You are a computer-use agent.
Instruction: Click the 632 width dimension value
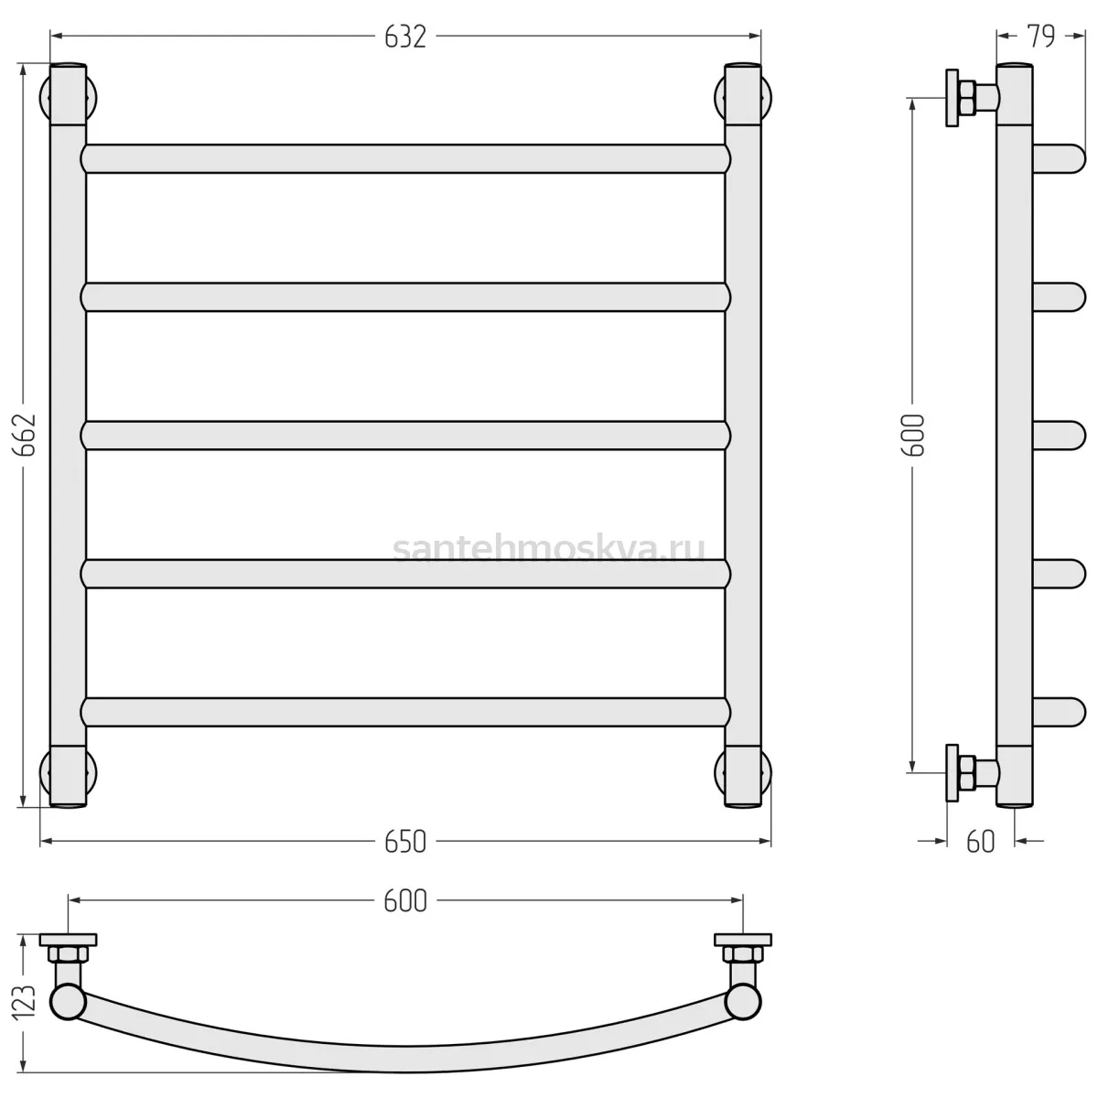pyautogui.click(x=405, y=38)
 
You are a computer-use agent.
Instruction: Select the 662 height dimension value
pyautogui.click(x=26, y=435)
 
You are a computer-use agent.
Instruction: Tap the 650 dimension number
pyautogui.click(x=405, y=842)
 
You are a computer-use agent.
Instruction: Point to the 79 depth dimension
pyautogui.click(x=1041, y=36)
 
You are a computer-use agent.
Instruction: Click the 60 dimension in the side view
pyautogui.click(x=981, y=842)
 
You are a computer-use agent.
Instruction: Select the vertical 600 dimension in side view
pyautogui.click(x=912, y=435)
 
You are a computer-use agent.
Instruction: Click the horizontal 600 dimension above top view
pyautogui.click(x=405, y=901)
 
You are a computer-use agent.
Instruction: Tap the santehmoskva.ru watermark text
pyautogui.click(x=549, y=550)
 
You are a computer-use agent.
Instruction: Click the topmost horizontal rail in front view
pyautogui.click(x=405, y=159)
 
